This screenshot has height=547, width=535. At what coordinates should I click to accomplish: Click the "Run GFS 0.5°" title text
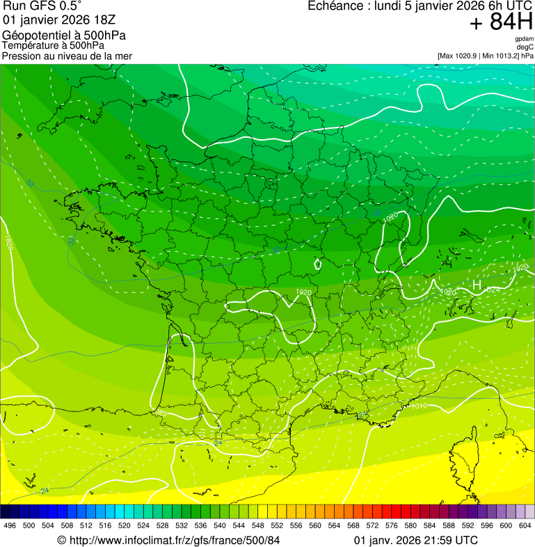(x=42, y=6)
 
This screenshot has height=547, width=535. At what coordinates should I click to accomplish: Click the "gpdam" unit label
(x=524, y=39)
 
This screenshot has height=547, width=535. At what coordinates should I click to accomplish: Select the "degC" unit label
(x=525, y=47)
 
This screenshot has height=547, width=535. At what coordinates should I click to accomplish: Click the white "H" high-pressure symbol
(x=477, y=285)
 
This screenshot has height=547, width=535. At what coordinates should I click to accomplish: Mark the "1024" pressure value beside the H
(x=492, y=290)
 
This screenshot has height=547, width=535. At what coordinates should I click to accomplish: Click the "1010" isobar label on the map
(x=419, y=406)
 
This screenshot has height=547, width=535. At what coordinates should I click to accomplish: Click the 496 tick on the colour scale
(x=10, y=525)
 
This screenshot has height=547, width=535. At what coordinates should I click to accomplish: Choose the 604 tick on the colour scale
(x=525, y=525)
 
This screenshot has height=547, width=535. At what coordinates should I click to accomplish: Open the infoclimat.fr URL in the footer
(x=174, y=540)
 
